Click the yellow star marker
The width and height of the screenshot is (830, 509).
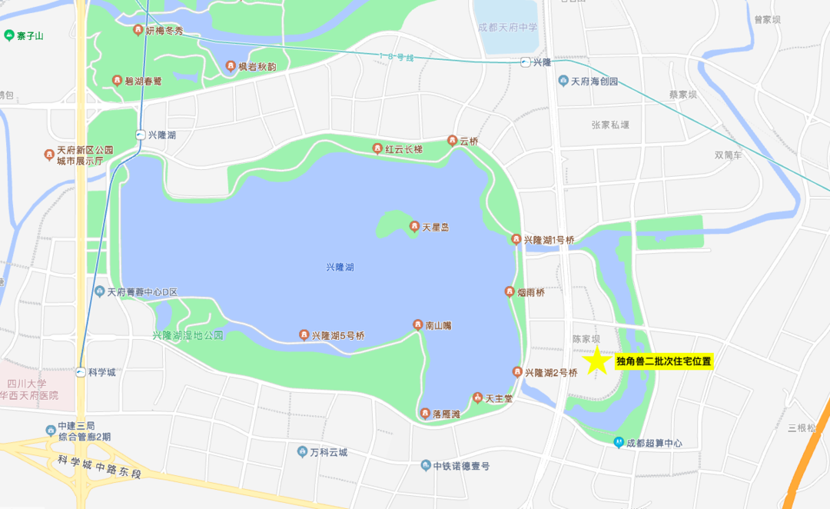click(x=596, y=361)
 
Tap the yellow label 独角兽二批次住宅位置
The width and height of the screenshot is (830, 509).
click(x=664, y=361)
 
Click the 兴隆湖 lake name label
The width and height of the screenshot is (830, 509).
click(x=340, y=267)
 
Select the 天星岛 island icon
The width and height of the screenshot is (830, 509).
click(x=414, y=227)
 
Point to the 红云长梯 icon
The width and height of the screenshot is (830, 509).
click(x=377, y=148)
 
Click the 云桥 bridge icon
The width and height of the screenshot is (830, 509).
click(x=452, y=141)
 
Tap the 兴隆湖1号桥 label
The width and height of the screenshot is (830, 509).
click(x=549, y=240)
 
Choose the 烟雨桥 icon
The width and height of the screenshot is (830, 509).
click(x=509, y=291)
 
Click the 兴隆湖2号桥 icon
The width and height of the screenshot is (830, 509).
click(x=517, y=372)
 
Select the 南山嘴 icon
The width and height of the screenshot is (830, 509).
click(x=418, y=324)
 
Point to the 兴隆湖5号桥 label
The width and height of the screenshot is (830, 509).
click(x=338, y=335)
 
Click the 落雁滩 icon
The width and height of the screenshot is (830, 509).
click(x=425, y=413)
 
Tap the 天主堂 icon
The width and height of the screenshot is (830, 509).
click(x=477, y=398)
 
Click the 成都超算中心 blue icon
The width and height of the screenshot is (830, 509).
click(x=619, y=442)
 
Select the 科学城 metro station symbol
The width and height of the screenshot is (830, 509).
click(x=81, y=372)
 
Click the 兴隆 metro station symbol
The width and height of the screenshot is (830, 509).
click(x=526, y=62)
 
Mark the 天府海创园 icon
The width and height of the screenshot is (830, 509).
click(x=563, y=81)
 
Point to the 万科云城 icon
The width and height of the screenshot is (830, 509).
click(x=302, y=451)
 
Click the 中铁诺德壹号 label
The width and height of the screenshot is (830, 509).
click(x=461, y=466)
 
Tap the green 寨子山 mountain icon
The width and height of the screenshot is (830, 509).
click(x=8, y=35)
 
